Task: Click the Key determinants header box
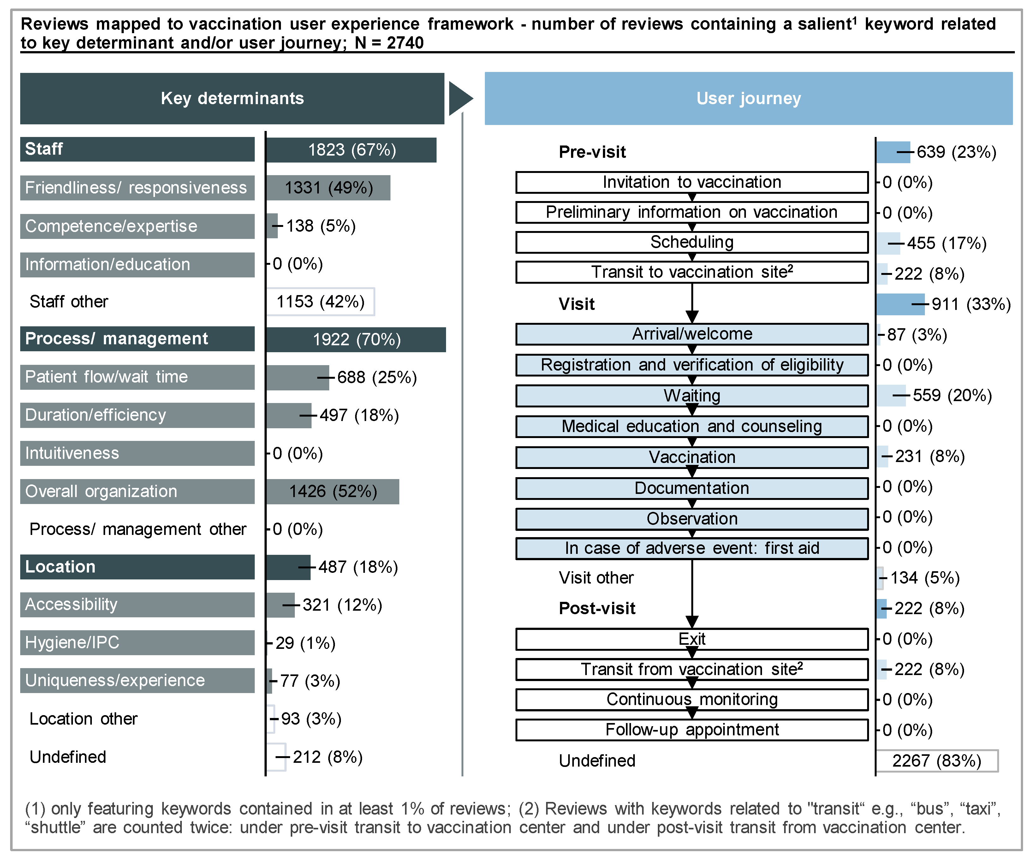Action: (x=232, y=98)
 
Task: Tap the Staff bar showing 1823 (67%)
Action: (x=351, y=150)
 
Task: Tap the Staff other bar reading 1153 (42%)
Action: (x=320, y=301)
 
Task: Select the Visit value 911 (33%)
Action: (x=971, y=304)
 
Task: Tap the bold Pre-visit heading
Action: (x=592, y=152)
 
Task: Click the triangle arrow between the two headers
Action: (x=460, y=98)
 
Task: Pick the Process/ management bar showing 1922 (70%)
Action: (x=356, y=339)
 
